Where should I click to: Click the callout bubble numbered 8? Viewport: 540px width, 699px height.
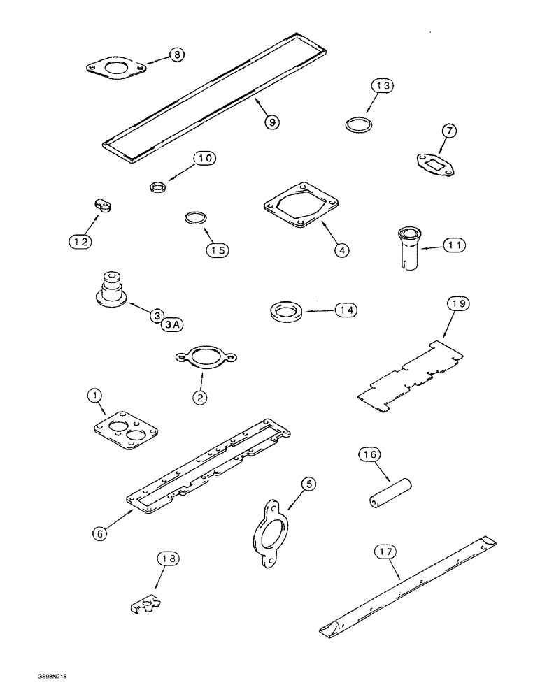coord(178,55)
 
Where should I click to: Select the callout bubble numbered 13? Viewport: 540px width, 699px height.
coord(383,86)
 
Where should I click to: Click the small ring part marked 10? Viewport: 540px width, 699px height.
coord(159,187)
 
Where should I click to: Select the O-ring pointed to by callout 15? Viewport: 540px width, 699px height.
coord(195,218)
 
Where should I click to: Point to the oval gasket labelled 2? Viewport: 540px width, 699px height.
coord(201,356)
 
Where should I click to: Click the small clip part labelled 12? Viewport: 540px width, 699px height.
coord(102,206)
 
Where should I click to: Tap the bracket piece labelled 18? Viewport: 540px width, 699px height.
coord(145,606)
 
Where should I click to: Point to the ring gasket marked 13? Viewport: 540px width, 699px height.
coord(359,126)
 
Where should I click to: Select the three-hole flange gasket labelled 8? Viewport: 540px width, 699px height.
coord(116,69)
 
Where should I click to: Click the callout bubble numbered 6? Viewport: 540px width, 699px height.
coord(101,533)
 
